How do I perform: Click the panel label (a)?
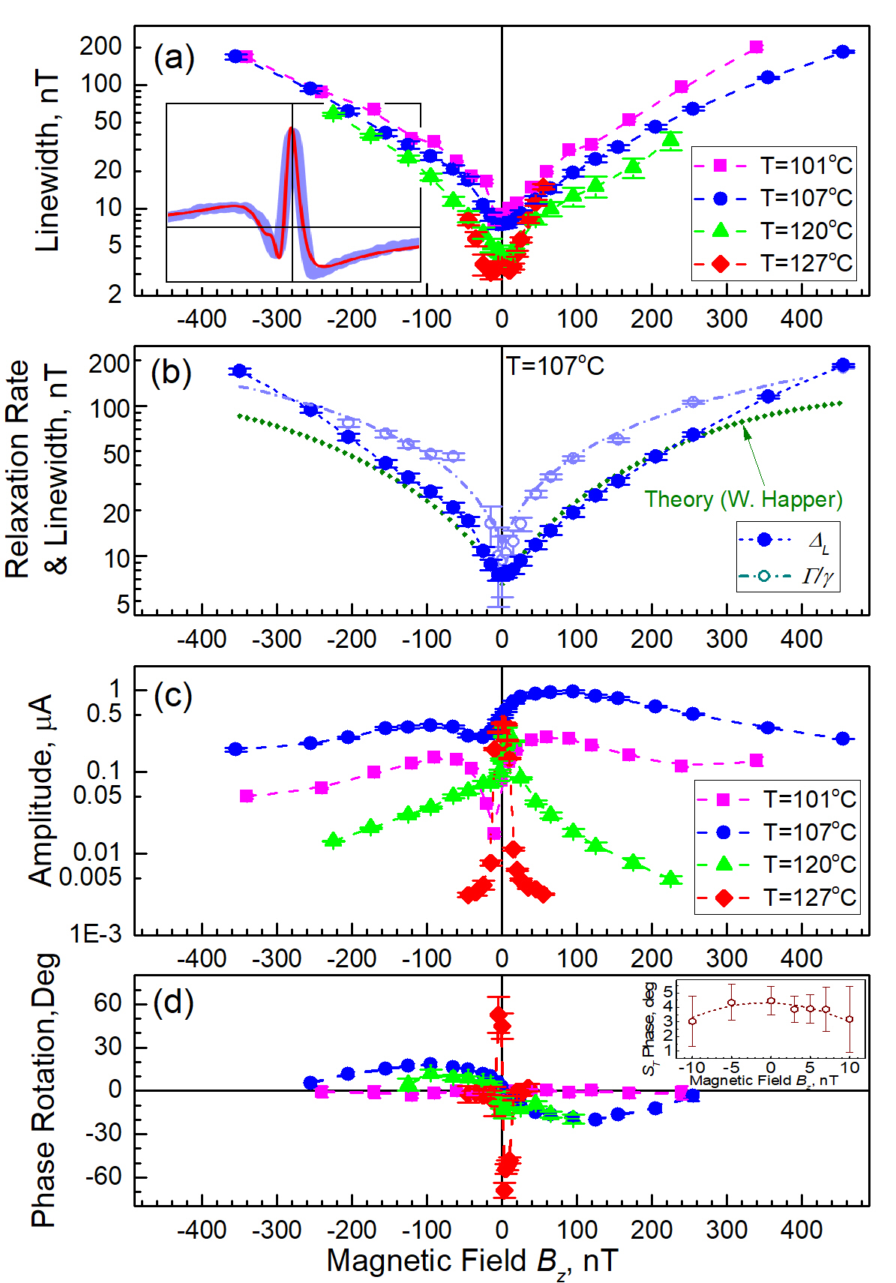pos(173,58)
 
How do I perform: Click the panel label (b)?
pos(171,373)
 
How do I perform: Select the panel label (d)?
pos(172,1001)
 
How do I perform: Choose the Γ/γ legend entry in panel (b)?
pos(787,576)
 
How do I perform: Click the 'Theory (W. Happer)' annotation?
pos(743,499)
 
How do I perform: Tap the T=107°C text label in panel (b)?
pos(555,366)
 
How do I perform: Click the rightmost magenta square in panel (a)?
pos(756,47)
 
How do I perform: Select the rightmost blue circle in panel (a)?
pos(843,52)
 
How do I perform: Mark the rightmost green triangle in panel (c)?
pos(671,878)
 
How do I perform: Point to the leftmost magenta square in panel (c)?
pos(247,796)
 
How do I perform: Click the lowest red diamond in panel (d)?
pos(504,1189)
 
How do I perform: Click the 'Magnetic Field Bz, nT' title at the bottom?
pos(472,1261)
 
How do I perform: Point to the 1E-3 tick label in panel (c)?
pos(95,934)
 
